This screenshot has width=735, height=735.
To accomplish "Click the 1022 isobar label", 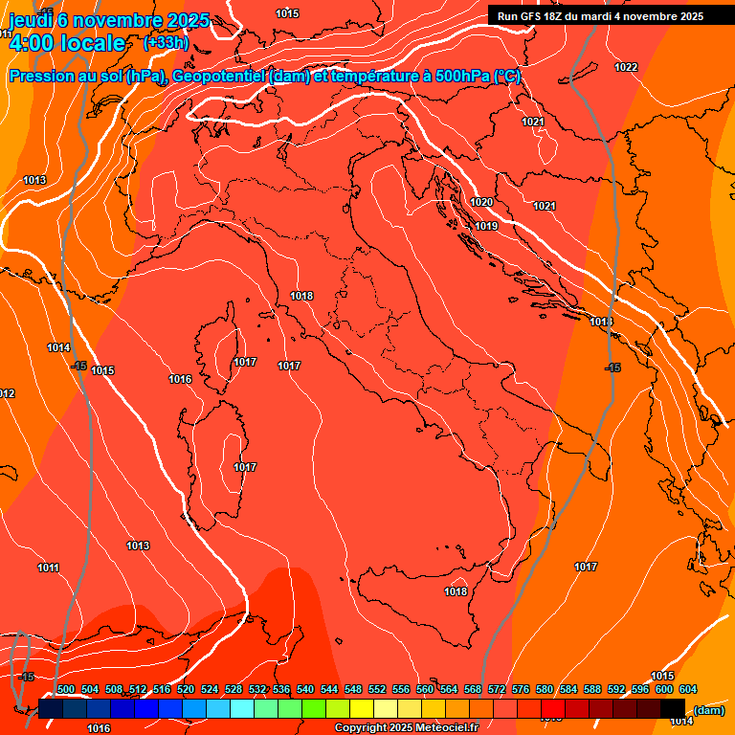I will click(x=626, y=67).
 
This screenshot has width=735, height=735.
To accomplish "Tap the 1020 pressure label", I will click(x=481, y=202).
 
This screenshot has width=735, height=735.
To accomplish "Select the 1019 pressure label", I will click(x=486, y=226).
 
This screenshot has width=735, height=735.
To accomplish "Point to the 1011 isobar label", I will click(x=48, y=568).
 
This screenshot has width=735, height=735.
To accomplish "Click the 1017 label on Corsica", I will click(x=245, y=362).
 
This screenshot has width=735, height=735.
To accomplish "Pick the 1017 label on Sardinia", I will click(x=245, y=467).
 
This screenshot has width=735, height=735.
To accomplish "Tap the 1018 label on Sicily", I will click(x=456, y=591).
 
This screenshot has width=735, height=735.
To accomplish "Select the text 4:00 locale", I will click(x=66, y=43).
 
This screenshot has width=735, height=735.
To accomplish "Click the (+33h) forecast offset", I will click(x=166, y=43).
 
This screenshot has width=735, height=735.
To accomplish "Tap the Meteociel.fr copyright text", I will click(x=406, y=728).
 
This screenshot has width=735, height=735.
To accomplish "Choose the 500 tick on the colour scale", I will click(x=66, y=689).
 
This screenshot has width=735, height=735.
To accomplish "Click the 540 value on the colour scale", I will click(x=305, y=689).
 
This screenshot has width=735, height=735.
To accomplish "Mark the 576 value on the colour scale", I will click(x=521, y=689).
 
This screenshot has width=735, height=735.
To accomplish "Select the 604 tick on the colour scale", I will click(x=688, y=689).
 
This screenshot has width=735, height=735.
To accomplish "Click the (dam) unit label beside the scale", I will click(x=708, y=710).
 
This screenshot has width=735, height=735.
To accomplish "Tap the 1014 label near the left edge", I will click(x=58, y=347).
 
